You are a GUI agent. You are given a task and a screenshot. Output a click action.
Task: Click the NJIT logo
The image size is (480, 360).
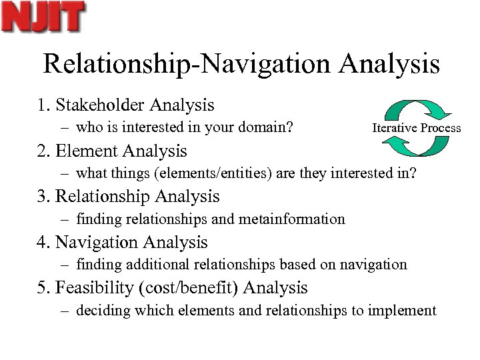44,17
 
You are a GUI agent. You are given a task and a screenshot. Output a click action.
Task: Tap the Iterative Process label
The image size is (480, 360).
416,127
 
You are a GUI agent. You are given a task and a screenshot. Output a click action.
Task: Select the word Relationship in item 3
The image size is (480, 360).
102,197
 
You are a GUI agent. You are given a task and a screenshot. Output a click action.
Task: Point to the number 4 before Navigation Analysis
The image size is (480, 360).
41,243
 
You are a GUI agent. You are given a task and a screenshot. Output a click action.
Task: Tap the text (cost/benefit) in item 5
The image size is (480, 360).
194,288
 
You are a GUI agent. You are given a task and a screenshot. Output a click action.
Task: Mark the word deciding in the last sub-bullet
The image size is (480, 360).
100,310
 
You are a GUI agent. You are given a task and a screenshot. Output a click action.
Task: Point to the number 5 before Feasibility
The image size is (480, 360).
41,288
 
